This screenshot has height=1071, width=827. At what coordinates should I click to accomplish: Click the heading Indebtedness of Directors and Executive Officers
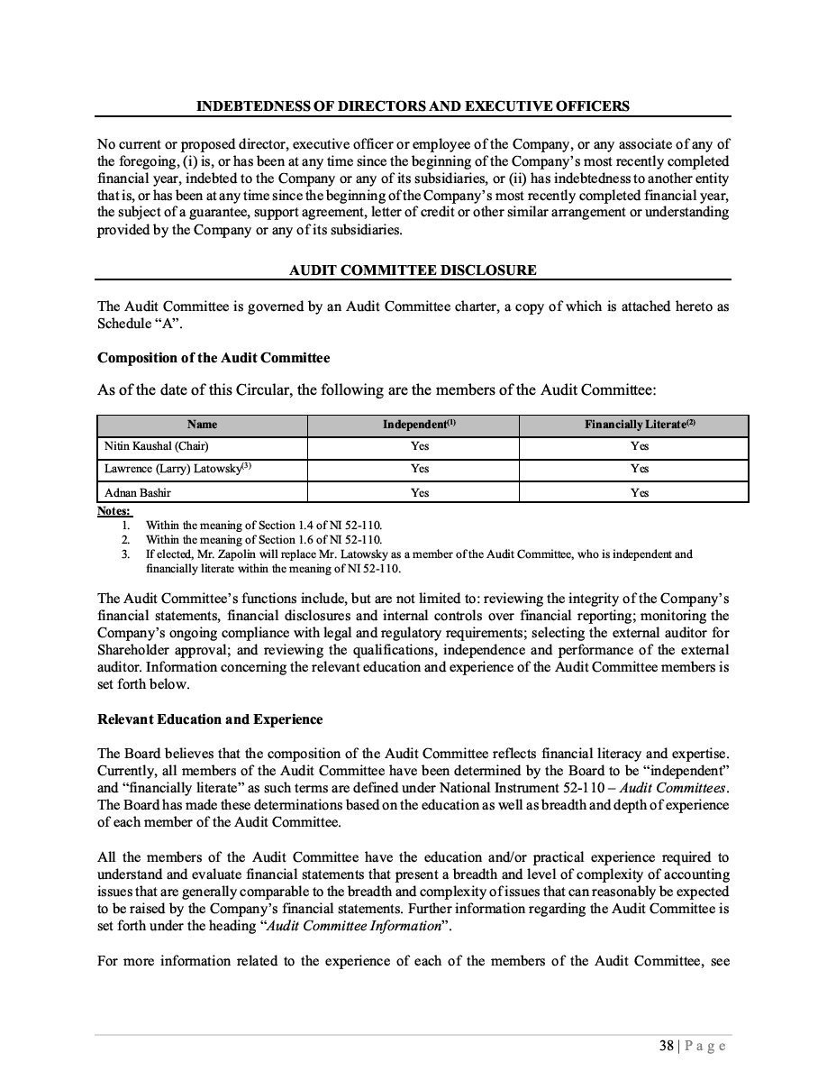tap(413, 106)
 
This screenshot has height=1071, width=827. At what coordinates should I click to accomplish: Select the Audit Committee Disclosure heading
tap(413, 270)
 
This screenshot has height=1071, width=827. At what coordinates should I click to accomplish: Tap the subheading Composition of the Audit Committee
tap(214, 358)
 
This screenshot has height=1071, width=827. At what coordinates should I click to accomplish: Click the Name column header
tap(202, 425)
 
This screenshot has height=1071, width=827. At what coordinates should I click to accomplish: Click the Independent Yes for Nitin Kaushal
tap(420, 446)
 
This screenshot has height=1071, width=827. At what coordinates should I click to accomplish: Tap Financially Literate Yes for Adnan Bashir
tap(640, 493)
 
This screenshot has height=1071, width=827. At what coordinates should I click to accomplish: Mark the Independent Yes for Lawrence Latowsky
tap(420, 469)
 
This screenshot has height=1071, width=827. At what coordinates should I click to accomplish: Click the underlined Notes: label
tap(114, 511)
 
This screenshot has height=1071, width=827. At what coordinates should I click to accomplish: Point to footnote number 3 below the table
tap(126, 554)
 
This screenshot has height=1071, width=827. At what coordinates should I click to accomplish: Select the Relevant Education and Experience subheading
tap(210, 719)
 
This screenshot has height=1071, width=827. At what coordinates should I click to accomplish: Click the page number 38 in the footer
tap(667, 1046)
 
